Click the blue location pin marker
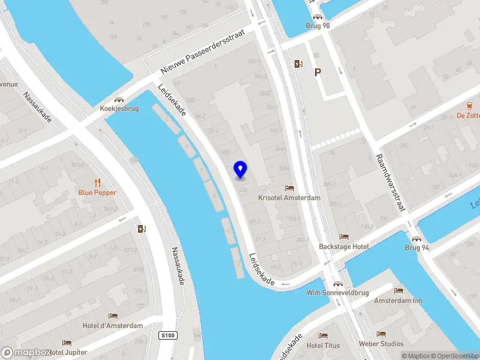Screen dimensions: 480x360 click(x=240, y=169)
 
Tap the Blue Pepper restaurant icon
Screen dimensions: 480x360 click(x=97, y=182)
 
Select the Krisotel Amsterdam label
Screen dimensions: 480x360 click(x=289, y=197)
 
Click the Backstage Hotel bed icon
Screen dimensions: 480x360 click(x=344, y=236)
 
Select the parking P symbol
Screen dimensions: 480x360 click(x=317, y=72)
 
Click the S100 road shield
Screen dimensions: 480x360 click(x=169, y=335)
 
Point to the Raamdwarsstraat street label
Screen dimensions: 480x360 click(x=391, y=182)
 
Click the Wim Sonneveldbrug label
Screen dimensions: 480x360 click(x=338, y=293)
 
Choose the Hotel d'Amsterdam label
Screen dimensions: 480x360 click(x=113, y=326)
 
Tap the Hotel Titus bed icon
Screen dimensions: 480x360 click(x=323, y=335)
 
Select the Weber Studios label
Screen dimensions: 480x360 click(x=381, y=344)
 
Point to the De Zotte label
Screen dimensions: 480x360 click(x=468, y=115)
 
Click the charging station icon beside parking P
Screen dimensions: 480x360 click(x=298, y=64)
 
